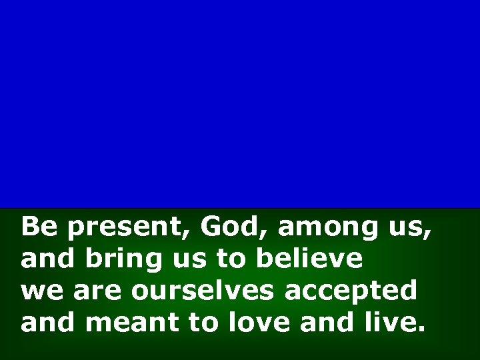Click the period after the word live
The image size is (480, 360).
coord(420,329)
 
